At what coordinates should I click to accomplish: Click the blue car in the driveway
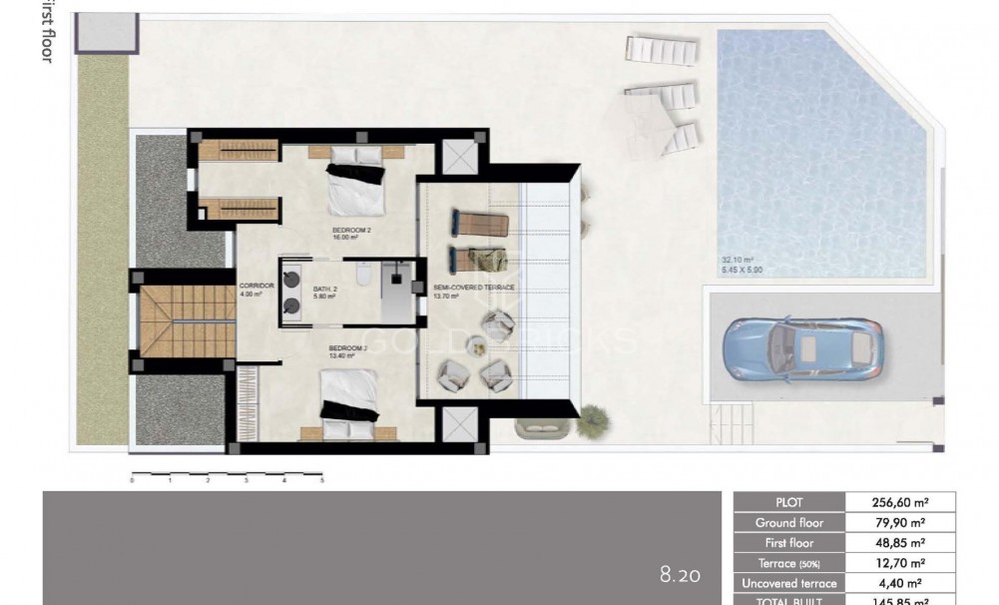click(802, 349)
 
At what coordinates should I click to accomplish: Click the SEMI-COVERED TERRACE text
click(474, 288)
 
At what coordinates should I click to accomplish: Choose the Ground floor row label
click(788, 523)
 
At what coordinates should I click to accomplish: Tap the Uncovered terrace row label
click(788, 583)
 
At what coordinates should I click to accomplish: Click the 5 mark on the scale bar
click(321, 480)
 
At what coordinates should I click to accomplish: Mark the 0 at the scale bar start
click(132, 480)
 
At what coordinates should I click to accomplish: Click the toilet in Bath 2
click(365, 273)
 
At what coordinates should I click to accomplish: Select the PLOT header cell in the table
click(788, 502)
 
